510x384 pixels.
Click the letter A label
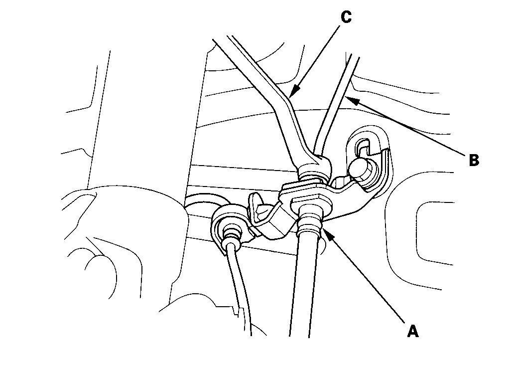pos(412,331)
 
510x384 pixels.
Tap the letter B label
pos(474,160)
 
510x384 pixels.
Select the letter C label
pos(346,17)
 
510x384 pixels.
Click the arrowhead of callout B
pos(351,98)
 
